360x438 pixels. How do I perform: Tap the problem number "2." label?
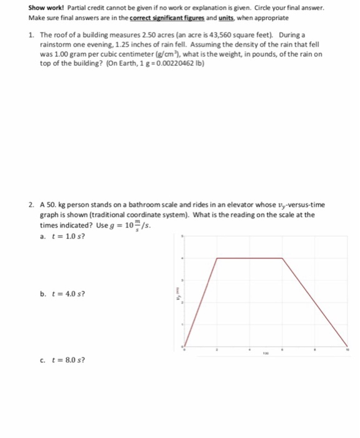pos(31,205)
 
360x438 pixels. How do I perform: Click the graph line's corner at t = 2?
pos(217,257)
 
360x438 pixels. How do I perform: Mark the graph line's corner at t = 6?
pos(282,257)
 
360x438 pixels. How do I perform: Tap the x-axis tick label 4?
pos(250,351)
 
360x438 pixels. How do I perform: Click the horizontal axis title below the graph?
pos(265,355)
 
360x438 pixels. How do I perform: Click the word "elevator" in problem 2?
pos(237,205)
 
